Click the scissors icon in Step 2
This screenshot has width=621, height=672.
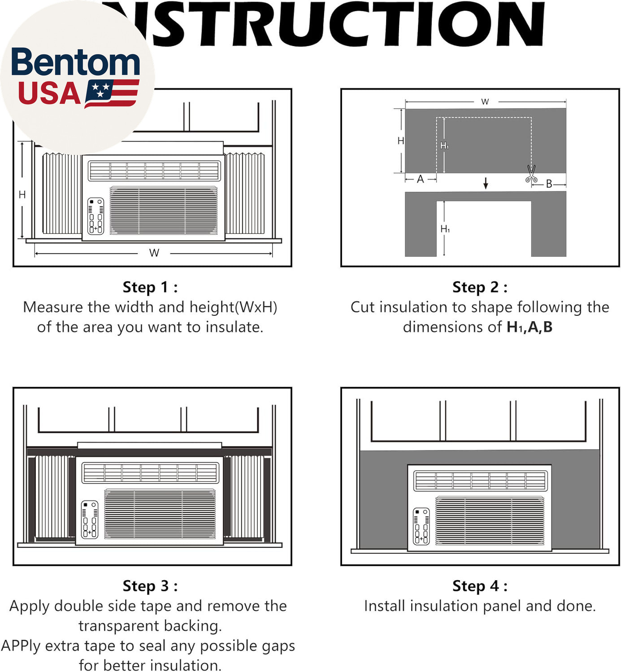click(531, 174)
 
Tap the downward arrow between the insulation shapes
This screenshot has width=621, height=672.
click(486, 183)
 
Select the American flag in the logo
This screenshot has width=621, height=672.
click(112, 93)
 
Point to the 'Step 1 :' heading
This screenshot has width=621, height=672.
click(150, 287)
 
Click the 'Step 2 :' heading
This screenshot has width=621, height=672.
click(480, 287)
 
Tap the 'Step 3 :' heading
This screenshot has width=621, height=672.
click(150, 586)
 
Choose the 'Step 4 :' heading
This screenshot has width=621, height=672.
click(480, 586)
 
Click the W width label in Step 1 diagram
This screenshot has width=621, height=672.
click(154, 253)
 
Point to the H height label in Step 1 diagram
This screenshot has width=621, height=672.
click(22, 194)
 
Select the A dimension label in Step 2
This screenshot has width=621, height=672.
click(421, 179)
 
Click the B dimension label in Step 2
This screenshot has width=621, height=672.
click(549, 184)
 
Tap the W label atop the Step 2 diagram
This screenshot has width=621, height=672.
click(485, 102)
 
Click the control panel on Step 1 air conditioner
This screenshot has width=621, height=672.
click(96, 216)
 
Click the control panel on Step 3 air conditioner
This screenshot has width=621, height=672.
click(90, 519)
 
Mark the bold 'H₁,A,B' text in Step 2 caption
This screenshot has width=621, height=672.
click(530, 327)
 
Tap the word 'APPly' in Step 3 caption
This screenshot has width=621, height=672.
click(21, 646)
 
